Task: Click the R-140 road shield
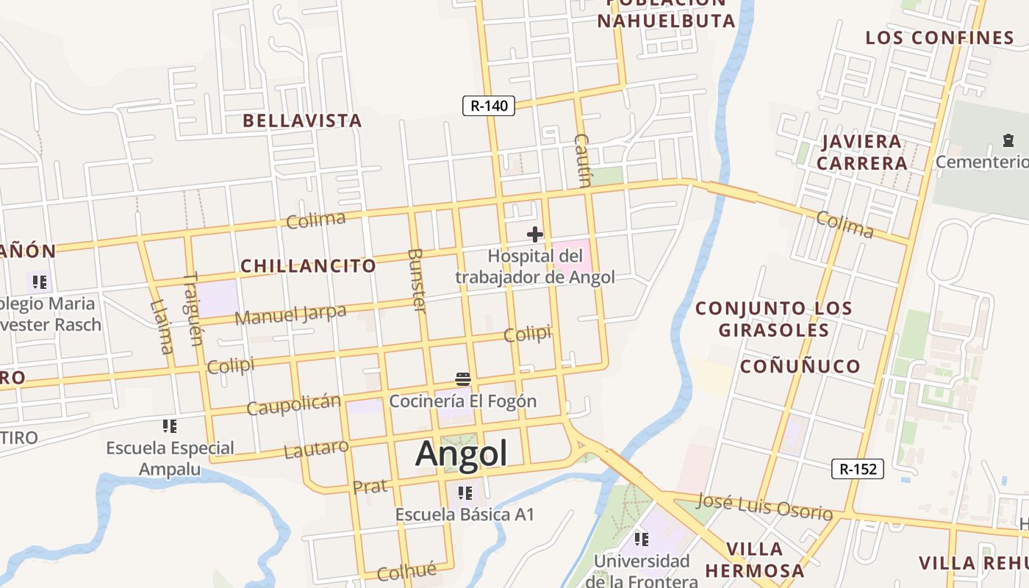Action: [489, 106]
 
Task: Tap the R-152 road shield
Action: [857, 469]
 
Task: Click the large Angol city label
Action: [462, 453]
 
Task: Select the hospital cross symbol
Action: [535, 234]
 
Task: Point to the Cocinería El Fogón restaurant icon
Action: [463, 379]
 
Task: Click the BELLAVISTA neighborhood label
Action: [302, 121]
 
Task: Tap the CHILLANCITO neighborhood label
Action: [308, 266]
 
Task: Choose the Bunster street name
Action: [416, 280]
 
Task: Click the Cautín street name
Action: [582, 160]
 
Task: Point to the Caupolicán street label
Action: [293, 404]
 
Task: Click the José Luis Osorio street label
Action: [764, 506]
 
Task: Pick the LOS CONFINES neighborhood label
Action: [939, 37]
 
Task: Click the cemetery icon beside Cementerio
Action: [1008, 140]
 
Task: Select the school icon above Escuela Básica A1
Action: [465, 492]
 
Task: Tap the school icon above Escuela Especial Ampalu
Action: [170, 426]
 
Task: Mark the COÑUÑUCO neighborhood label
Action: [800, 366]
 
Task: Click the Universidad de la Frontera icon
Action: [642, 539]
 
